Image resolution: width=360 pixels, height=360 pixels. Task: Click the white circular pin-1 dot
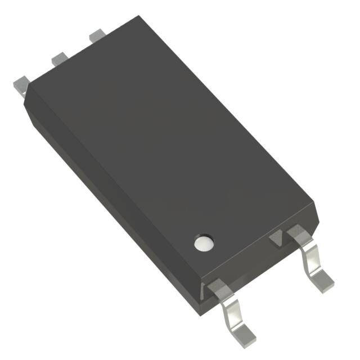(203, 242)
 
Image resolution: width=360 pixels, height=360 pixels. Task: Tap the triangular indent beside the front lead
(276, 240)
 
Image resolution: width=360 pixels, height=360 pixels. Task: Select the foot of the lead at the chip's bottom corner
(245, 332)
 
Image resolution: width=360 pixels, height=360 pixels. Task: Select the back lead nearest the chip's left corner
(21, 84)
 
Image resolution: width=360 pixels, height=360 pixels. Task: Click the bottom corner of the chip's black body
(204, 298)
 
